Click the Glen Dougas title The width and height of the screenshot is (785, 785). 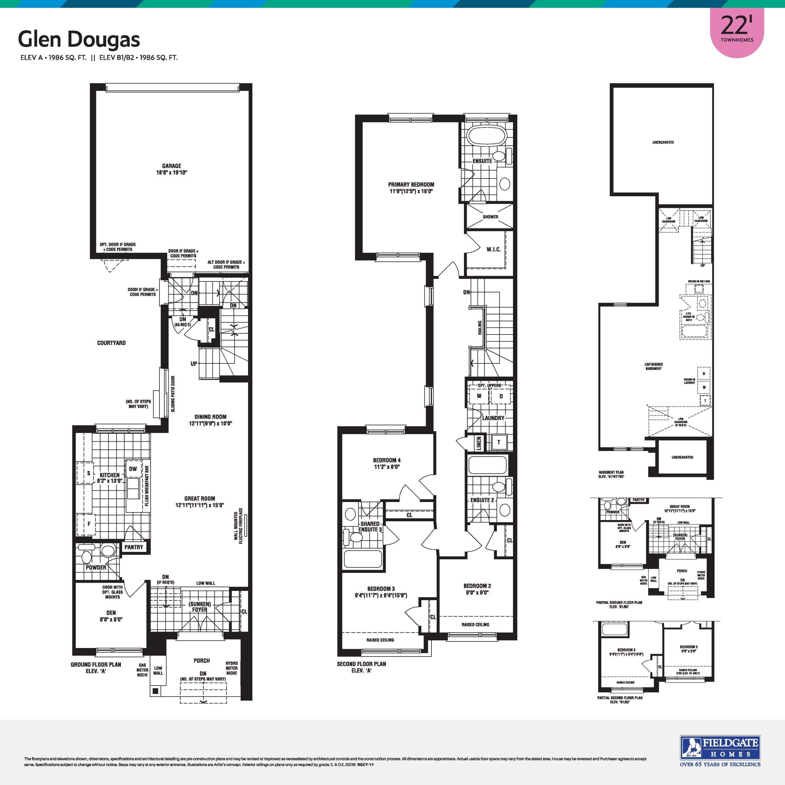coord(79,40)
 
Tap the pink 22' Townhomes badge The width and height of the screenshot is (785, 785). coord(737,30)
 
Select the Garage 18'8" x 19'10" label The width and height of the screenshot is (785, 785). coord(171,169)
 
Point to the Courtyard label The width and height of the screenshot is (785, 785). coord(111,343)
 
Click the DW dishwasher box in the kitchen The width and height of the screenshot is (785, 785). coord(133,469)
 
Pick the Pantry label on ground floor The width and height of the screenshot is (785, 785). coord(134,547)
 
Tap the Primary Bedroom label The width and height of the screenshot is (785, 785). coord(411,185)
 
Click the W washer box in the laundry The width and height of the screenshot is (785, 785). coord(479,396)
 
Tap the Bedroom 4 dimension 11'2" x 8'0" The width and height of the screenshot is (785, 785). coord(387,467)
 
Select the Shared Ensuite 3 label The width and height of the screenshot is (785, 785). coord(370,527)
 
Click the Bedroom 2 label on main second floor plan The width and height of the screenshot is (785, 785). coord(477,586)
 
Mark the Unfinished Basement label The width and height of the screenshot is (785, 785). coord(653,366)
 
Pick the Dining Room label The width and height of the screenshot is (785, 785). coord(210,417)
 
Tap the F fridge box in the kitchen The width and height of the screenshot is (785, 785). coord(89,524)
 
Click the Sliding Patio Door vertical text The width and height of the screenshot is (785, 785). coord(173,394)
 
